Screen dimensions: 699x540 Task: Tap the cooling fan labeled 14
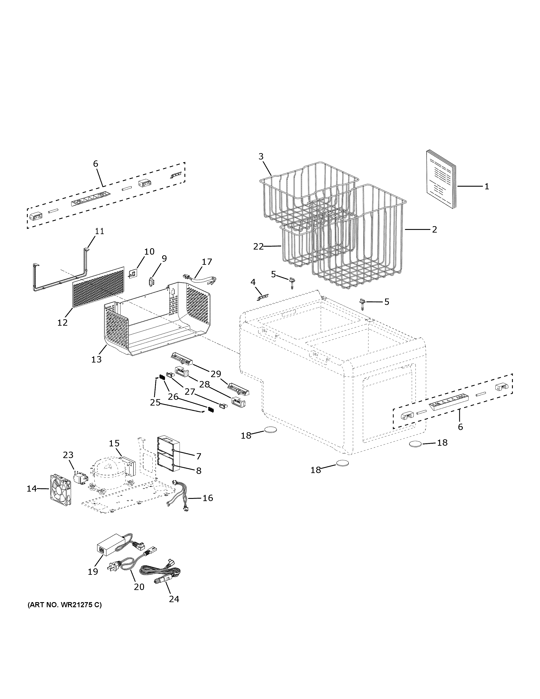tap(60, 490)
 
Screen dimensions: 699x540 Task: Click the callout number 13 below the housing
tap(96, 359)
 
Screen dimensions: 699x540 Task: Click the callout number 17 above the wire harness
tap(207, 262)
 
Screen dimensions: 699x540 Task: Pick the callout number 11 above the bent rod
tap(99, 231)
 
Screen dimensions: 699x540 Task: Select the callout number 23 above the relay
tap(68, 455)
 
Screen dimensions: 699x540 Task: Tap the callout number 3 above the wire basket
tap(261, 156)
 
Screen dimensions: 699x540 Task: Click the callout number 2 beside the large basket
tap(434, 229)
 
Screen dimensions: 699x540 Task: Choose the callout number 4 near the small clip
tap(253, 282)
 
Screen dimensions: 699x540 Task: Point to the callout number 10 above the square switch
tap(149, 252)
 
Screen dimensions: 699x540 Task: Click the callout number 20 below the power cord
tap(139, 587)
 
